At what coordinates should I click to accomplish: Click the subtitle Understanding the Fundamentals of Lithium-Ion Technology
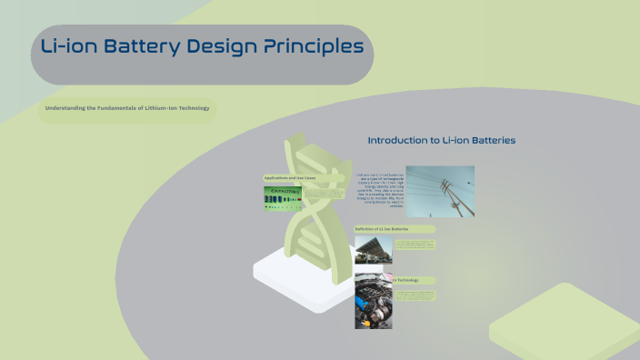click(126, 108)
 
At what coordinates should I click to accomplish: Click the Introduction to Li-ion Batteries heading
click(441, 141)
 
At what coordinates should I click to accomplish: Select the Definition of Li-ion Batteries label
click(382, 228)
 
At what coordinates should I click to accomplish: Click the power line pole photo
click(439, 191)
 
